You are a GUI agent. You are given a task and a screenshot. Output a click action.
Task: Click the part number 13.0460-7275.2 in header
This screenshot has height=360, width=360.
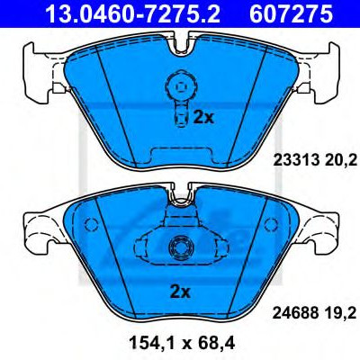pyautogui.click(x=133, y=13)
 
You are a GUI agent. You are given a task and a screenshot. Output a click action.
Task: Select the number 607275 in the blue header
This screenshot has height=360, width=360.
pyautogui.click(x=292, y=13)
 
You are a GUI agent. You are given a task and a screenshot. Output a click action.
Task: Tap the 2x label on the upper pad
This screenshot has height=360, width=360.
pyautogui.click(x=203, y=118)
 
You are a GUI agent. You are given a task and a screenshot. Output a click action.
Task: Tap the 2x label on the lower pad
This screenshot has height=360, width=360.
pyautogui.click(x=180, y=292)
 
